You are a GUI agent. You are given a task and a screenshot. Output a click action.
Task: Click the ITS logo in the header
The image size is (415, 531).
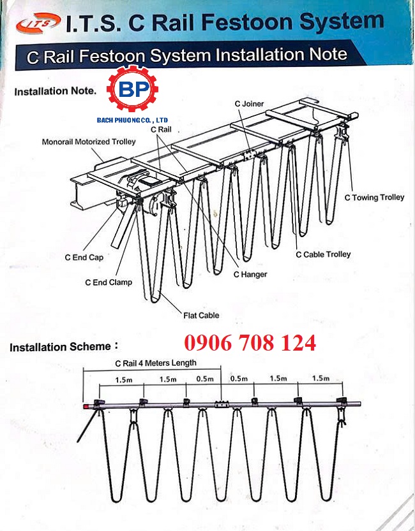coord(38,23)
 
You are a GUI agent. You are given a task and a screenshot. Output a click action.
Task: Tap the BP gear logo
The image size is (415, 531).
coord(132,89)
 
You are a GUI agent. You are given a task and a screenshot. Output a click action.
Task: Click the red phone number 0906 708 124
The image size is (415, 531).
coord(250,343)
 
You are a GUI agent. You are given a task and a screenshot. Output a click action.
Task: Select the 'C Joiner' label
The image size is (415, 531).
coord(249,104)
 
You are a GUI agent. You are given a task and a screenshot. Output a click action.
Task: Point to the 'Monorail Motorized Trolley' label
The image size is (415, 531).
coord(89,142)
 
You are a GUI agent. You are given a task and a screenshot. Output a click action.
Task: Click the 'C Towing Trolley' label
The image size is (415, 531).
coord(374,198)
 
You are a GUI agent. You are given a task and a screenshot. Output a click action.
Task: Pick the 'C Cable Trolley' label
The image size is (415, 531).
coord(323,254)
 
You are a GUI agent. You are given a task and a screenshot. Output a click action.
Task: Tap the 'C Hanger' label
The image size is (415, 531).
coord(250,274)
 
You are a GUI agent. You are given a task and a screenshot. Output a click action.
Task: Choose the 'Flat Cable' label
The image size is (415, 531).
coord(201,316)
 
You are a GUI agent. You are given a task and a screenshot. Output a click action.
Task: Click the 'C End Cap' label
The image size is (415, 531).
coord(84,258)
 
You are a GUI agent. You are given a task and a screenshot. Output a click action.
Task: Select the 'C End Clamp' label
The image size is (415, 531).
coord(109,282)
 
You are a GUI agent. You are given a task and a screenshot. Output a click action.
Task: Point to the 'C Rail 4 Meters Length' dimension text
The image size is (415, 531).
coord(156,363)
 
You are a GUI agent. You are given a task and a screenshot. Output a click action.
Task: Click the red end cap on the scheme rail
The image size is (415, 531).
coord(86,406)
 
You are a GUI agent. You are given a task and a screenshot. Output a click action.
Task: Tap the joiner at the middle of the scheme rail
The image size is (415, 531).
coord(222,404)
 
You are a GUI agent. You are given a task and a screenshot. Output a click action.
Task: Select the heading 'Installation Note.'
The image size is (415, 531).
coord(56,91)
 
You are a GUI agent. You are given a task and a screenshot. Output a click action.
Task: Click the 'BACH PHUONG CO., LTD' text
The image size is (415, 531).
coord(132,120)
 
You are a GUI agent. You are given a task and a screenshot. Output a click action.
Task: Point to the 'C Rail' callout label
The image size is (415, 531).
coord(161,129)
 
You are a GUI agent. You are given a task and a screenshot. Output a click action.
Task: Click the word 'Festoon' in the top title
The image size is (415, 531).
coord(247,22)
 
